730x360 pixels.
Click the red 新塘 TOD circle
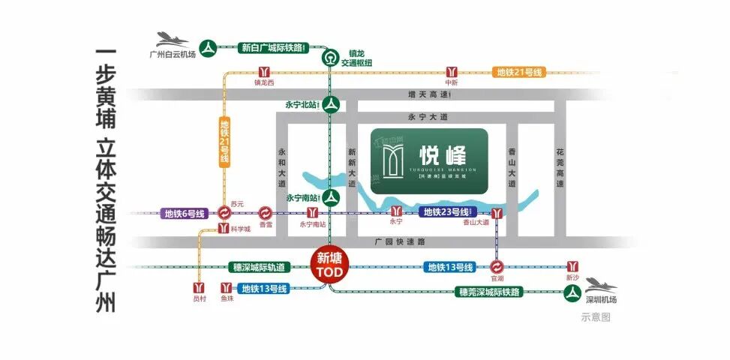click(327, 265)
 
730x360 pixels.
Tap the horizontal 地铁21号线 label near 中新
click(518, 73)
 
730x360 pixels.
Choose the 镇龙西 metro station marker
click(265, 71)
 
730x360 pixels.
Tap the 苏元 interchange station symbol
click(223, 213)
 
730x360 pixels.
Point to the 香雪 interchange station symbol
click(266, 213)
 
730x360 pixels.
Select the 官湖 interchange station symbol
click(497, 266)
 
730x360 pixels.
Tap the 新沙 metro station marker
click(573, 266)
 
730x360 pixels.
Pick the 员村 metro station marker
click(199, 288)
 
